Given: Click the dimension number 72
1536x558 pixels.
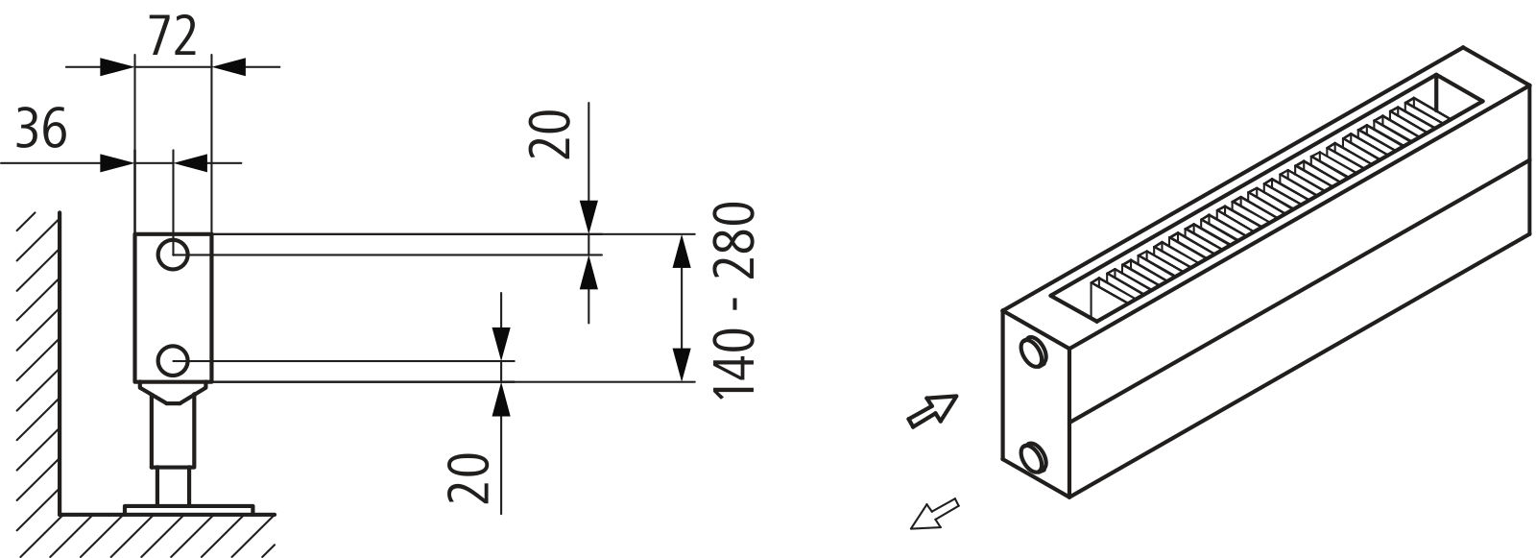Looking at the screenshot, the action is click(173, 36).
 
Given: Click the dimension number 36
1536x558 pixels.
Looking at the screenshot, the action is click(41, 129).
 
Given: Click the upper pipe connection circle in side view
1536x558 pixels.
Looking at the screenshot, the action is click(173, 255).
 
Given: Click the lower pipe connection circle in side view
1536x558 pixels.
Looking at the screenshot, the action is click(173, 362).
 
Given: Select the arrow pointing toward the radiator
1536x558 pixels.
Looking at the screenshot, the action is click(932, 410).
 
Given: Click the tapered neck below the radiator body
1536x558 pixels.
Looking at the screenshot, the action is click(173, 391).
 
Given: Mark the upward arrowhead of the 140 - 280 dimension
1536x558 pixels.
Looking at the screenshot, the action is click(680, 251).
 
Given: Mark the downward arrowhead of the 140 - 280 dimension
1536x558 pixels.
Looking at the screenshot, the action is click(680, 365).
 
